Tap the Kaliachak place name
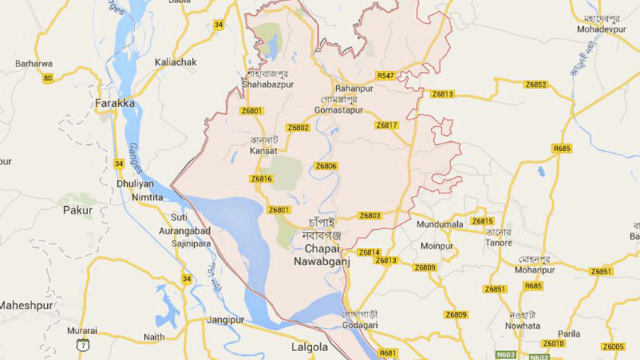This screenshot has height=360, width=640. click(x=175, y=62)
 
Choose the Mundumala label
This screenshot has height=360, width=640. click(x=441, y=224)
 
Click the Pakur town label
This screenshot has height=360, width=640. click(x=78, y=211)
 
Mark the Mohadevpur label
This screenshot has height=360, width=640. click(x=602, y=29)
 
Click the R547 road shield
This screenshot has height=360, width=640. click(x=385, y=76)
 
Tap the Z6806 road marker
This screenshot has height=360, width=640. click(x=326, y=166)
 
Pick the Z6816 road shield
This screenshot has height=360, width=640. click(x=261, y=179)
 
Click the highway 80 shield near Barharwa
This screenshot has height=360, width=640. click(x=48, y=78)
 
